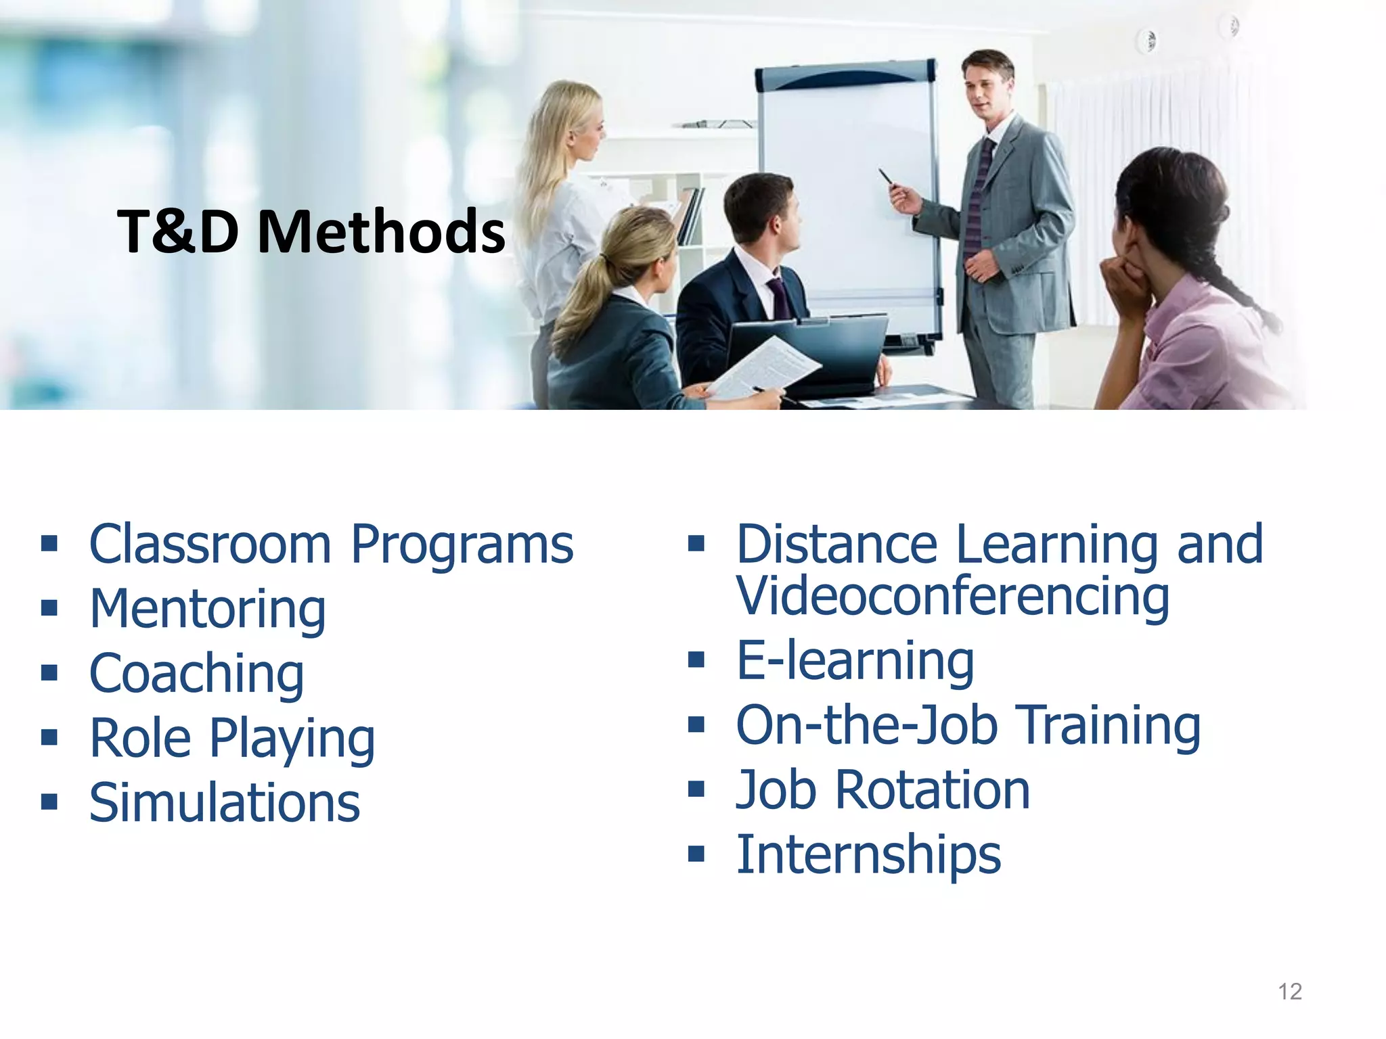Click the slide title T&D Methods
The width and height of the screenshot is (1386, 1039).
[x=311, y=232]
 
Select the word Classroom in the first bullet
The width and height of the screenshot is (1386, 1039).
[x=210, y=545]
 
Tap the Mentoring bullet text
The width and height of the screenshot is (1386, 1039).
[x=208, y=609]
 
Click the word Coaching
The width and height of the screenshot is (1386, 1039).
[x=196, y=674]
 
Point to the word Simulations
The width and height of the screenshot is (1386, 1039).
[x=224, y=803]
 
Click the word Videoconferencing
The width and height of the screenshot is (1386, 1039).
[x=953, y=597]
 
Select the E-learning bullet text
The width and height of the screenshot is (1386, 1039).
[x=855, y=661]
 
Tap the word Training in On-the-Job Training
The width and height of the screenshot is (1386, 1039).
[x=1109, y=725]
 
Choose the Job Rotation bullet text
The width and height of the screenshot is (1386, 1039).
[x=882, y=790]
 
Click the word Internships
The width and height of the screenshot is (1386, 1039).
[x=868, y=854]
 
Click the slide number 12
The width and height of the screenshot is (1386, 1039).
[x=1290, y=992]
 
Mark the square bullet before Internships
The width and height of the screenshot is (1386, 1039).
[x=696, y=854]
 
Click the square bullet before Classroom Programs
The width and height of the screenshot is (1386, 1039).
[x=49, y=543]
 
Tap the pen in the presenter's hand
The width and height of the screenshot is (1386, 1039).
[x=886, y=177]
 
